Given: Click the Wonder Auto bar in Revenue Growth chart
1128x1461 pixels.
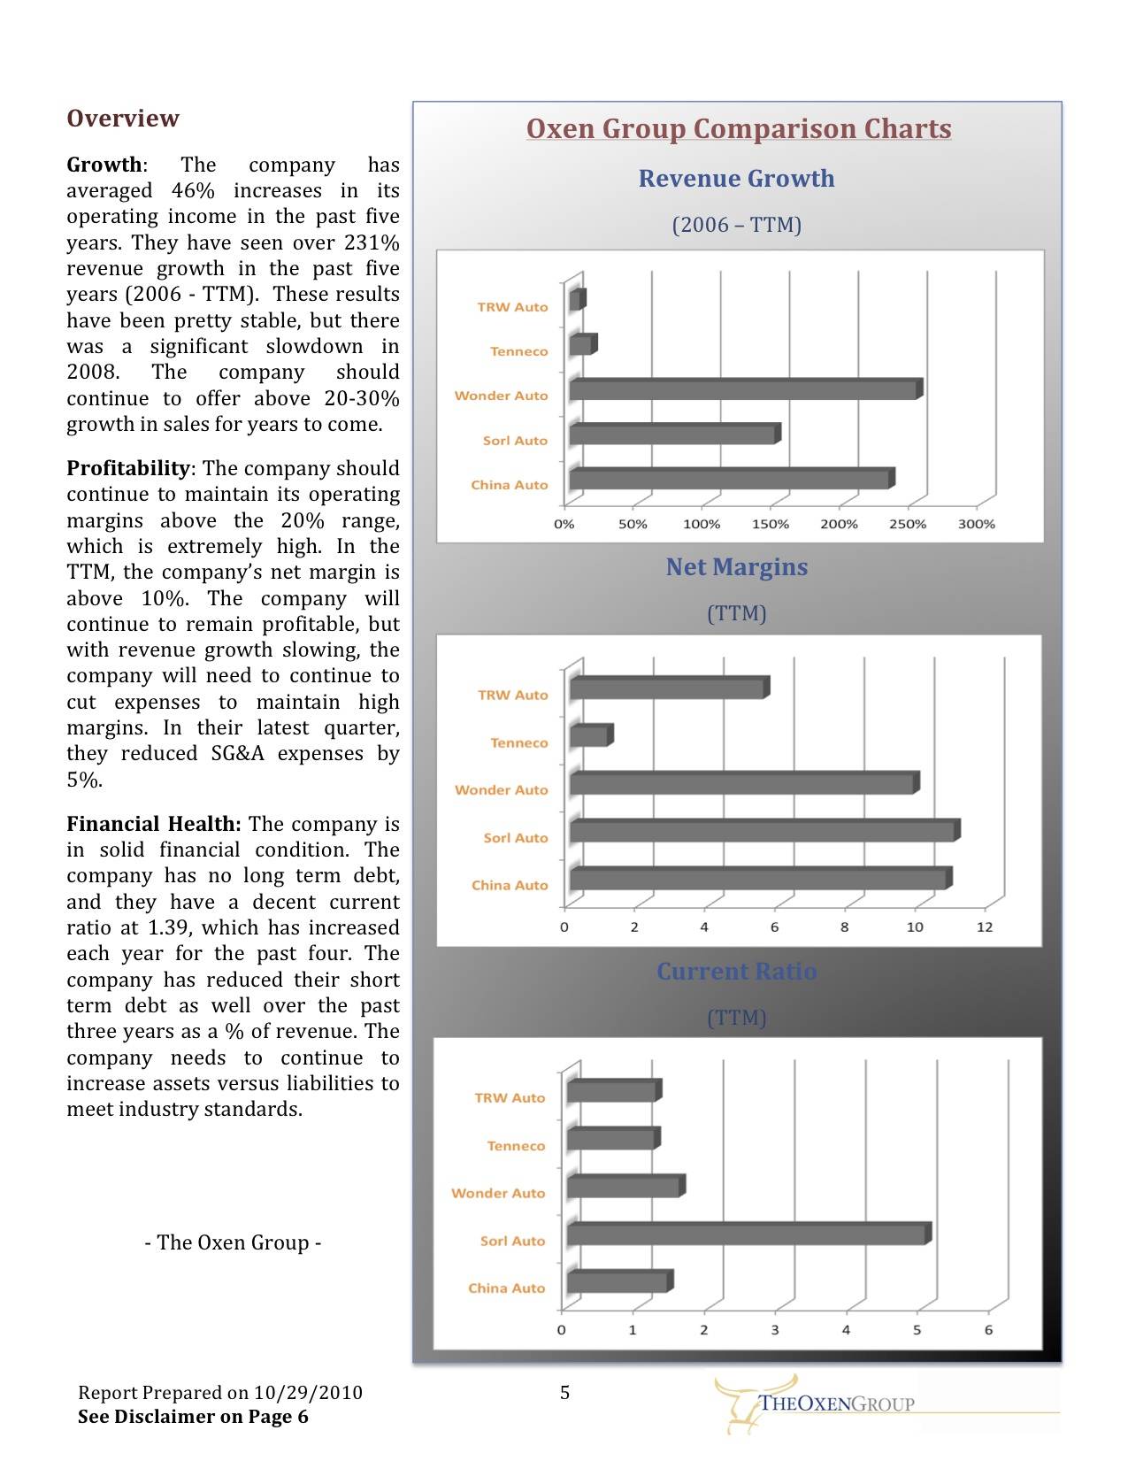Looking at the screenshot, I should pyautogui.click(x=743, y=390).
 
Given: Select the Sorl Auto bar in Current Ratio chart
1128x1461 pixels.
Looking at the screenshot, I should pyautogui.click(x=748, y=1234).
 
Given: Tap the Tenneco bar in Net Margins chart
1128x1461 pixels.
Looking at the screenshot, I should pyautogui.click(x=589, y=736).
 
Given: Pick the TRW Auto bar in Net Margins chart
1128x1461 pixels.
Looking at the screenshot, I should pyautogui.click(x=668, y=688).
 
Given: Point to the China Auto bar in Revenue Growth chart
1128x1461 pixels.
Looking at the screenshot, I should pyautogui.click(x=730, y=480).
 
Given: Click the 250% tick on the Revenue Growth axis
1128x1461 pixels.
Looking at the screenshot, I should pyautogui.click(x=907, y=524).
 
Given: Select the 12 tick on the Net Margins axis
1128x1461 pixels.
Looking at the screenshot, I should pyautogui.click(x=985, y=927).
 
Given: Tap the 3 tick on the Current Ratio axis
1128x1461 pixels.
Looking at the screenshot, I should pyautogui.click(x=775, y=1330).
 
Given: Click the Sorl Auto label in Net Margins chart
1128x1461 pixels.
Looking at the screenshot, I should pyautogui.click(x=516, y=837).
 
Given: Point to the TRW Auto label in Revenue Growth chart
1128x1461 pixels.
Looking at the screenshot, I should pyautogui.click(x=512, y=307).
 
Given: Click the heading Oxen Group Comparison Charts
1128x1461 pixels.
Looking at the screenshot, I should pyautogui.click(x=739, y=129).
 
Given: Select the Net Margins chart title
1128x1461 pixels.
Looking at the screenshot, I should pyautogui.click(x=736, y=567).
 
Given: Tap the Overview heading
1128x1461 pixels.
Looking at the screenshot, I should pyautogui.click(x=123, y=119).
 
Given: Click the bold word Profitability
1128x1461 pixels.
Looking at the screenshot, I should pyautogui.click(x=128, y=468).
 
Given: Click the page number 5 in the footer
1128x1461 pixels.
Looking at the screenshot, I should pyautogui.click(x=564, y=1393).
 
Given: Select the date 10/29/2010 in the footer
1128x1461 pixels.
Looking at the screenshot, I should pyautogui.click(x=308, y=1393).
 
